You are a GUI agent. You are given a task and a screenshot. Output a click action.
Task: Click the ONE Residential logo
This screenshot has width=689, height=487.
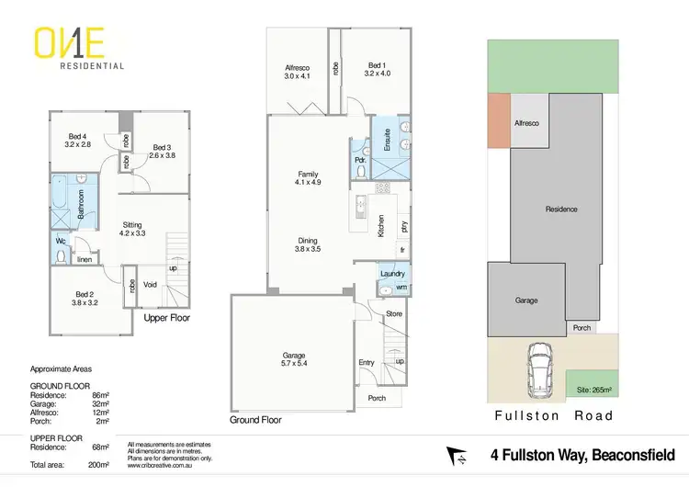click(x=80, y=48)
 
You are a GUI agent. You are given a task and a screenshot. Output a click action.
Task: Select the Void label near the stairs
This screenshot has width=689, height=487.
click(x=151, y=284)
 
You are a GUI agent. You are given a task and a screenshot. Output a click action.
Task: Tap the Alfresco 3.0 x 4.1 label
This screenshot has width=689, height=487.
click(x=296, y=71)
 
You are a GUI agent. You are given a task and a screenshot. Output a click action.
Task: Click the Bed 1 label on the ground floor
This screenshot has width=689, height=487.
click(x=376, y=70)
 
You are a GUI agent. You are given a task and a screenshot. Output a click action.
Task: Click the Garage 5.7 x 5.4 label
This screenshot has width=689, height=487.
click(x=294, y=359)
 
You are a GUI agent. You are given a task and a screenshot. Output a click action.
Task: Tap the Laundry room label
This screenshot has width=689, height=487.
click(x=392, y=274)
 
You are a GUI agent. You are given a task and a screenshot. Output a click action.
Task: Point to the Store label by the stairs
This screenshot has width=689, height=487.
click(x=394, y=313)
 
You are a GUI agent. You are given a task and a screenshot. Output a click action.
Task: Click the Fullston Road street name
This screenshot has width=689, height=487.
click(x=553, y=415)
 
